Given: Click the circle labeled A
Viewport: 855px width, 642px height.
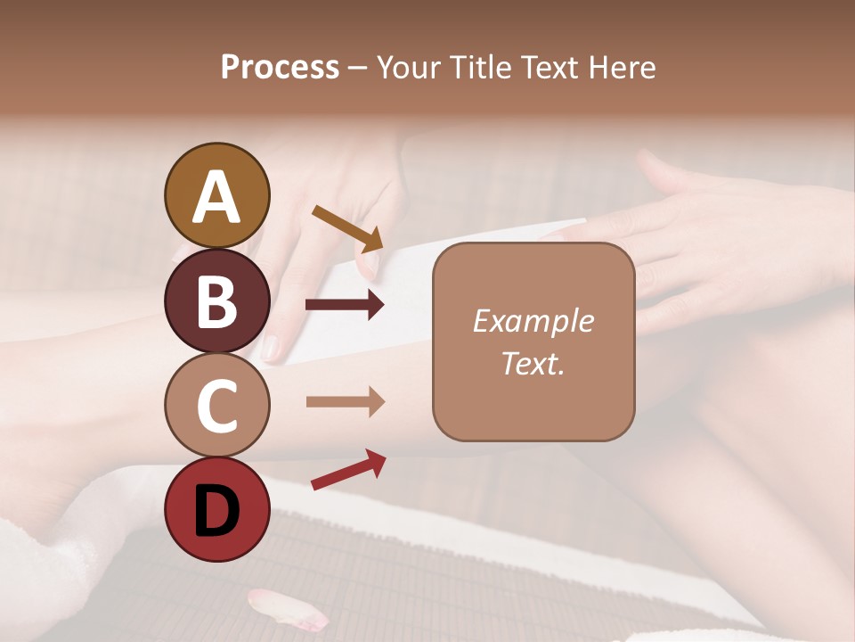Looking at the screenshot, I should pyautogui.click(x=216, y=195).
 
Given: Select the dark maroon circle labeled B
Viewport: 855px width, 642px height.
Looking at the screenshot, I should pyautogui.click(x=216, y=300).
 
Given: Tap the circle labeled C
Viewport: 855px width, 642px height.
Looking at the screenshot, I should pyautogui.click(x=216, y=406).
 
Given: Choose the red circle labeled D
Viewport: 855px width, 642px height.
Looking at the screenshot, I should pyautogui.click(x=216, y=510).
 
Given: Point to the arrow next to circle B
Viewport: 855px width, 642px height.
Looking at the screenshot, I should pyautogui.click(x=345, y=305).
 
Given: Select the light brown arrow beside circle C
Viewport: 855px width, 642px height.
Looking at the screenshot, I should pyautogui.click(x=345, y=401).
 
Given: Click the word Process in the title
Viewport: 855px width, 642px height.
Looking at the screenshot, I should pyautogui.click(x=280, y=68).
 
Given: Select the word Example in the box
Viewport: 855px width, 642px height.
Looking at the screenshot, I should pyautogui.click(x=533, y=321).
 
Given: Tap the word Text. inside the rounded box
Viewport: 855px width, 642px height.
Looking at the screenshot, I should pyautogui.click(x=533, y=363).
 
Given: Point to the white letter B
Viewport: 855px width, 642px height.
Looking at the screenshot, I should pyautogui.click(x=216, y=301).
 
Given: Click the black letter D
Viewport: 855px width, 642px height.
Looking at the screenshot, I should pyautogui.click(x=216, y=511).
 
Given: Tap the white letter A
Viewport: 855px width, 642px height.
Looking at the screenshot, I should pyautogui.click(x=216, y=197).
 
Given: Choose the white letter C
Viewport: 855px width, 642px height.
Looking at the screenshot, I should pyautogui.click(x=216, y=407).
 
